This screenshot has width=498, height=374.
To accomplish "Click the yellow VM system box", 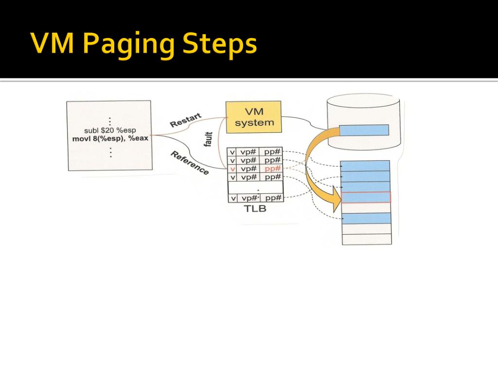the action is [x=253, y=117].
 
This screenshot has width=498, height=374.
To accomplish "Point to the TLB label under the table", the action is [x=255, y=209].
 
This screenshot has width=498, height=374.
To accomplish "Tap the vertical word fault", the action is [x=209, y=140].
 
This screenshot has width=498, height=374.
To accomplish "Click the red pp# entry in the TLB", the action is [x=272, y=168].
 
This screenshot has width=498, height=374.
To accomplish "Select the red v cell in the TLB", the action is [x=232, y=168].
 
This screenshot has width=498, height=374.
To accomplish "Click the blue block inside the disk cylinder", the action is [x=364, y=130].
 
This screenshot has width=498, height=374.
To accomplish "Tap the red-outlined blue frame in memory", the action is [x=367, y=197].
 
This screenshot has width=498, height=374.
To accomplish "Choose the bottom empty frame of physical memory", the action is [x=367, y=239].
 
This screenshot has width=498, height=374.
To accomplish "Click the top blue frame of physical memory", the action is [x=367, y=166].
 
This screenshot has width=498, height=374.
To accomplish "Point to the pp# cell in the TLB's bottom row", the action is [x=272, y=198].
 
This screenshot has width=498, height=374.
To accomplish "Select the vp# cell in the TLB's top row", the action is [x=249, y=152].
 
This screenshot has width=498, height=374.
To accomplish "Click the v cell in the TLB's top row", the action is [x=232, y=152].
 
